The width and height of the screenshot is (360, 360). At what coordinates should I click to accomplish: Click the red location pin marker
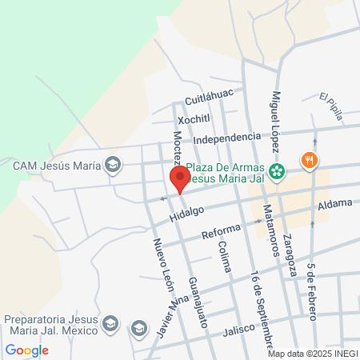pyautogui.click(x=179, y=180)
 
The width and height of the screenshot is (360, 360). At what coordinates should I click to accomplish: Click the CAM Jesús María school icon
pyautogui.click(x=113, y=166)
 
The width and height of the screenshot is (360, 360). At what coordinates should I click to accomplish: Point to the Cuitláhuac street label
pyautogui.click(x=208, y=98)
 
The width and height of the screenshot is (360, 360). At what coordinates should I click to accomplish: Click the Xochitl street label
pyautogui.click(x=194, y=118)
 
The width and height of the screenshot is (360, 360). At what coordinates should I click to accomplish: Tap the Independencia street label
pyautogui.click(x=227, y=138)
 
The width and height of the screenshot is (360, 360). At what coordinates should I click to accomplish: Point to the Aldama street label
pyautogui.click(x=334, y=204)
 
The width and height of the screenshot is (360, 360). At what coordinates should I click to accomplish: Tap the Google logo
pyautogui.click(x=26, y=350)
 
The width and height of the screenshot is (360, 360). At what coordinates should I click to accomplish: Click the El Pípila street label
pyautogui.click(x=331, y=106)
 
